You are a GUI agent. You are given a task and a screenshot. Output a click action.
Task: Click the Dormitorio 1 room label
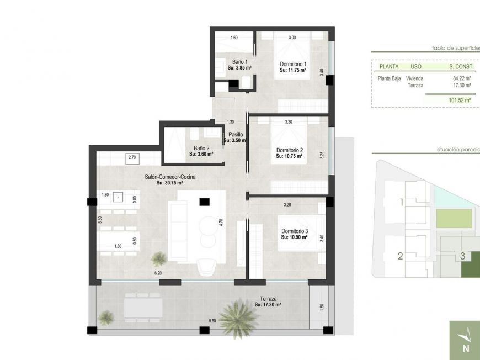[x=293, y=64]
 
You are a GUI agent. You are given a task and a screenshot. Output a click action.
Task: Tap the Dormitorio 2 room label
[x=290, y=150]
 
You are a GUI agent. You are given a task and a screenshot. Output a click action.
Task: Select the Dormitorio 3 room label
[x=294, y=231]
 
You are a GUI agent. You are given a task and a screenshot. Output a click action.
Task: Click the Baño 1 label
[x=239, y=62]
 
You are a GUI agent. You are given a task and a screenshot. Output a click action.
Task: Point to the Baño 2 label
[x=201, y=148]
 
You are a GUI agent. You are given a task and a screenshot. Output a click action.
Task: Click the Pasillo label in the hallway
[x=235, y=134]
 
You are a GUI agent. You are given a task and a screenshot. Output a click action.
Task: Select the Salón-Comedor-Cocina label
[x=170, y=177]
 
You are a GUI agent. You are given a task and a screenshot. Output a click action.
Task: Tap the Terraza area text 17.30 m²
[x=268, y=304]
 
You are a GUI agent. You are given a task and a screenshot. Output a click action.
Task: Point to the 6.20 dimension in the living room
[x=158, y=273]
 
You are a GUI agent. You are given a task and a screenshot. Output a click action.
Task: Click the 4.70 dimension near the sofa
[x=221, y=223]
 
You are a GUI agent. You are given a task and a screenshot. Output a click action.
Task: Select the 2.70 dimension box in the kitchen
[x=132, y=158]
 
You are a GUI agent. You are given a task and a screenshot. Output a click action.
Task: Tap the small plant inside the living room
[x=159, y=258]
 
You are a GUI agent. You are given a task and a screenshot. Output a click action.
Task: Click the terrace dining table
[x=142, y=308]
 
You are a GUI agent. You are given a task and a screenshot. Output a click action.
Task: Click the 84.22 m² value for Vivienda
[x=462, y=78]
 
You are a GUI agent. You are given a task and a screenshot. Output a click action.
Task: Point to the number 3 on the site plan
[x=462, y=256]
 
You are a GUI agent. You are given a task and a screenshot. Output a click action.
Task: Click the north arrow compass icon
[x=465, y=340]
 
